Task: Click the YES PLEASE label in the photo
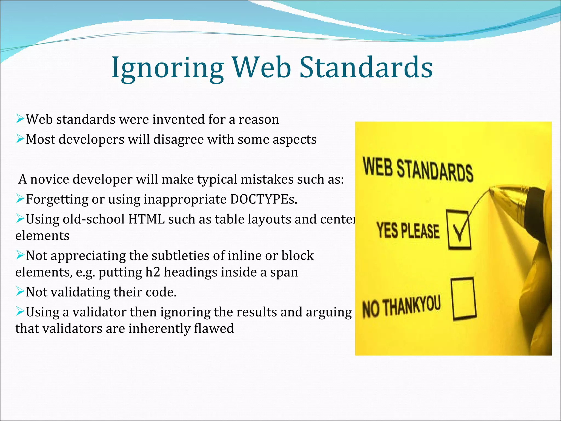[x=408, y=230]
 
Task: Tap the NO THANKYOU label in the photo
[x=402, y=306]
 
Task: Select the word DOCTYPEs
[x=263, y=199]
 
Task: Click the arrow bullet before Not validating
[x=20, y=291]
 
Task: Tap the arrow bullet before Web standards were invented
[x=20, y=119]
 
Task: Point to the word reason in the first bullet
[x=259, y=120]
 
